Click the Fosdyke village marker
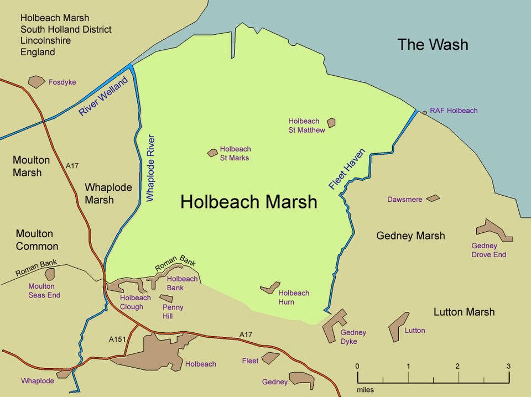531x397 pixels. [x=37, y=82]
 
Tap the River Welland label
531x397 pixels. [x=103, y=96]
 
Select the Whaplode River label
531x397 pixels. [x=150, y=167]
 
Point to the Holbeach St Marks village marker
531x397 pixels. [x=212, y=153]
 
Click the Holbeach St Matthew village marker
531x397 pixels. [x=331, y=123]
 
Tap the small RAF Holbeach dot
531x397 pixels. [x=425, y=112]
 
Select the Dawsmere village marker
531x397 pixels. [x=433, y=198]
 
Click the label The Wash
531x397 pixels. [x=433, y=45]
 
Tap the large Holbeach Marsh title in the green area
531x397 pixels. [x=249, y=202]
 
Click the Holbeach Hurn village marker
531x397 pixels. [x=270, y=288]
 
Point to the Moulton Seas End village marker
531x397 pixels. [x=50, y=274]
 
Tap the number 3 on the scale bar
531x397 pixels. [x=508, y=366]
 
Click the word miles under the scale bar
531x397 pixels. [x=365, y=390]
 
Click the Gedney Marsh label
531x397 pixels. [x=410, y=236]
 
